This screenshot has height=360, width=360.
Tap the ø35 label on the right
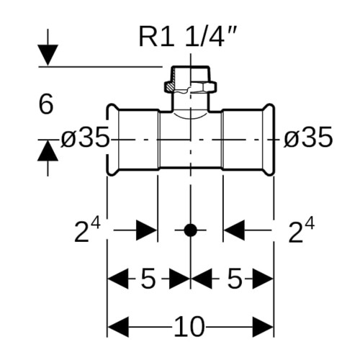click(308, 138)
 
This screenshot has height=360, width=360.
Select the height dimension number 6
click(45, 104)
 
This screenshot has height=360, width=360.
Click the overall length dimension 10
click(189, 327)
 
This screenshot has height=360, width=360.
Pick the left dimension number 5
click(148, 279)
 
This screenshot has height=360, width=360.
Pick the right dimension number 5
click(235, 279)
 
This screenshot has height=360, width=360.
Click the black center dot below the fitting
click(191, 230)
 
